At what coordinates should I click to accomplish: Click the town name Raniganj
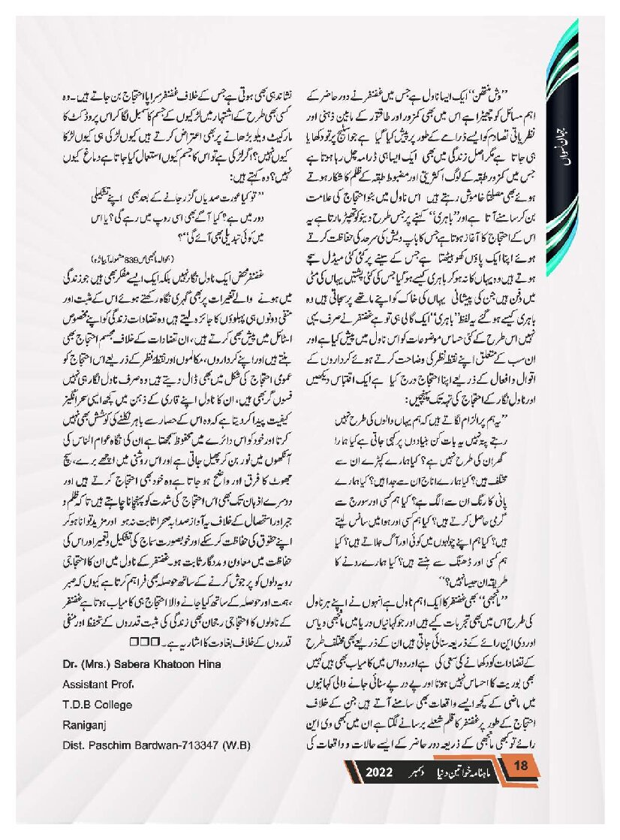tap(85, 725)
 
